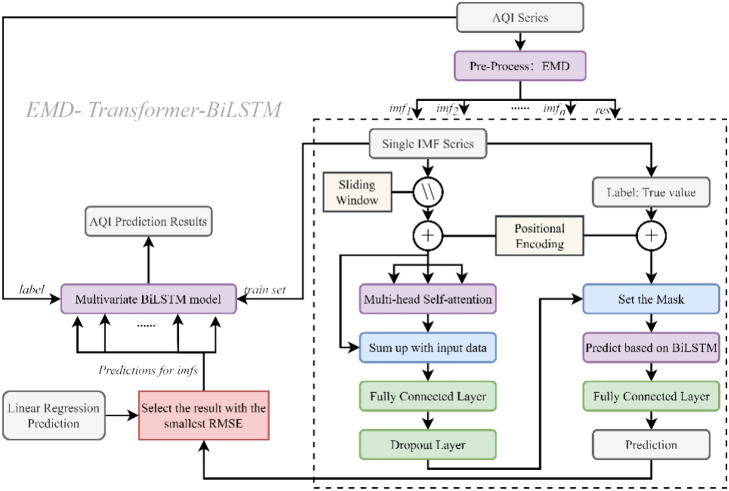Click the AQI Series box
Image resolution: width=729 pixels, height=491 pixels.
pyautogui.click(x=520, y=18)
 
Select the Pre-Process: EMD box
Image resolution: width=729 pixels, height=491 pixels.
pyautogui.click(x=520, y=66)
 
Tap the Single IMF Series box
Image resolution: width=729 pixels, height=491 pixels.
pyautogui.click(x=428, y=144)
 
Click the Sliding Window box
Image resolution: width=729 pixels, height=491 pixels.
pyautogui.click(x=357, y=192)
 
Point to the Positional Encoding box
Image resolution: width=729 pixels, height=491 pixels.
pyautogui.click(x=539, y=236)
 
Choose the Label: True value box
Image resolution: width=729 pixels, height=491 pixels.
pyautogui.click(x=651, y=192)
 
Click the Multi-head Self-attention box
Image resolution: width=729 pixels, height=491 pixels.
pyautogui.click(x=428, y=299)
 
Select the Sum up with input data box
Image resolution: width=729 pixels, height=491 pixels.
pyautogui.click(x=428, y=348)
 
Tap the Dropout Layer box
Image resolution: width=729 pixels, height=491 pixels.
pyautogui.click(x=428, y=445)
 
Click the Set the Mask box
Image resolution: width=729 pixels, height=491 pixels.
pyautogui.click(x=651, y=299)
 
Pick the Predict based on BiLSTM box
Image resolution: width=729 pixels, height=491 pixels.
pyautogui.click(x=651, y=348)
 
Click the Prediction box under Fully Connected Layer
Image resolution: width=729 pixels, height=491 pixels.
pyautogui.click(x=651, y=445)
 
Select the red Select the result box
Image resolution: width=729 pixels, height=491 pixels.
pyautogui.click(x=204, y=416)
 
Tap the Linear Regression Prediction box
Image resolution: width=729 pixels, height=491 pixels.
pyautogui.click(x=54, y=416)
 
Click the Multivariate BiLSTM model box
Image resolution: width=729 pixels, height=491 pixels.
pyautogui.click(x=148, y=299)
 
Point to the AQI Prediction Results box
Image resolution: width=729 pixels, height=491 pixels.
pyautogui.click(x=148, y=221)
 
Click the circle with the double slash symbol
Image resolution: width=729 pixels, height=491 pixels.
pyautogui.click(x=428, y=192)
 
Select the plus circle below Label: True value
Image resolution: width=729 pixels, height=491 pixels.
pyautogui.click(x=651, y=236)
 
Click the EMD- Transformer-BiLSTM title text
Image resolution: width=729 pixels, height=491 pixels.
pyautogui.click(x=154, y=110)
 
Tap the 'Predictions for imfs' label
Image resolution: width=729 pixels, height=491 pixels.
pyautogui.click(x=148, y=370)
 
